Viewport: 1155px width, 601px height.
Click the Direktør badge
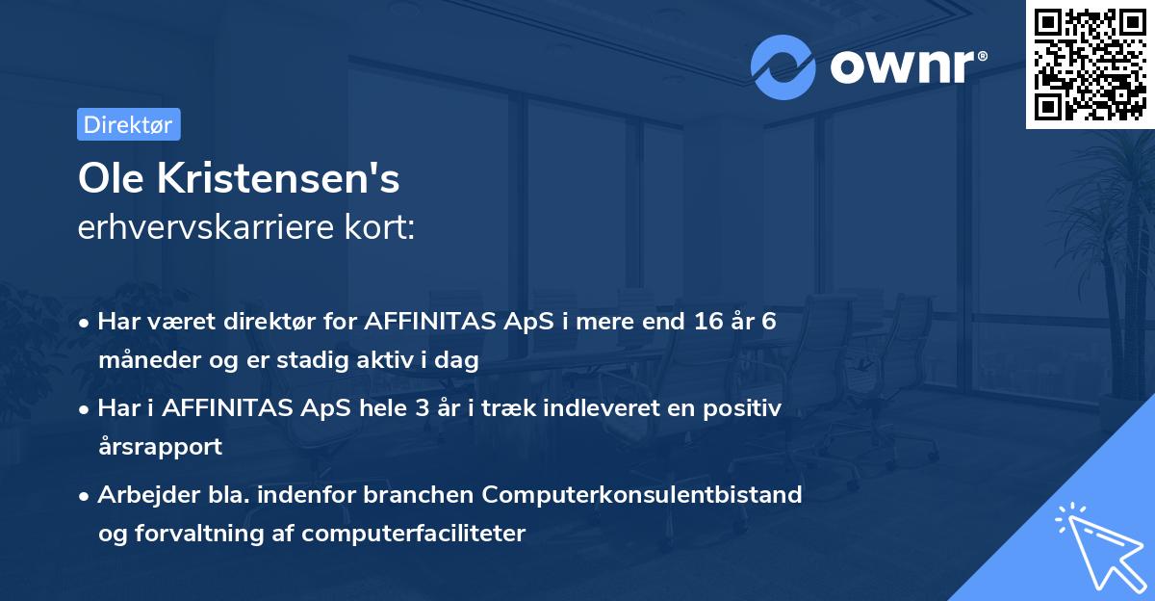[128, 124]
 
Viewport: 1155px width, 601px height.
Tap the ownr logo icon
[783, 67]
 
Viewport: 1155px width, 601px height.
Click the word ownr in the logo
[907, 66]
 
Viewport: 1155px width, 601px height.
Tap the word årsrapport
[160, 447]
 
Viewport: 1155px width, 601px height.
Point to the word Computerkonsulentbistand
[642, 494]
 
